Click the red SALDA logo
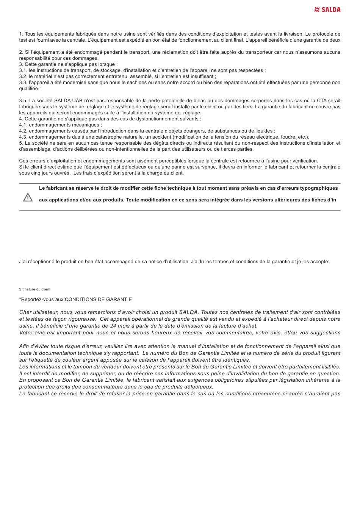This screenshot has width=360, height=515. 327,9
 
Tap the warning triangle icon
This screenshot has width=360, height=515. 28,197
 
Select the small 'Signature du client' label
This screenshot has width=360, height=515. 35,289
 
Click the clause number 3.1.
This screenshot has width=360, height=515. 23,70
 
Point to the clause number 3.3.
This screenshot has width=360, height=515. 23,83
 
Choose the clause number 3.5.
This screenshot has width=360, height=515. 23,101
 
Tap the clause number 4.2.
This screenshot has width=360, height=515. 23,131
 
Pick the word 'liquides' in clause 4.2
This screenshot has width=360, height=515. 264,131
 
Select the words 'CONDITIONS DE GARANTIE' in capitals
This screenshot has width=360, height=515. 98,300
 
